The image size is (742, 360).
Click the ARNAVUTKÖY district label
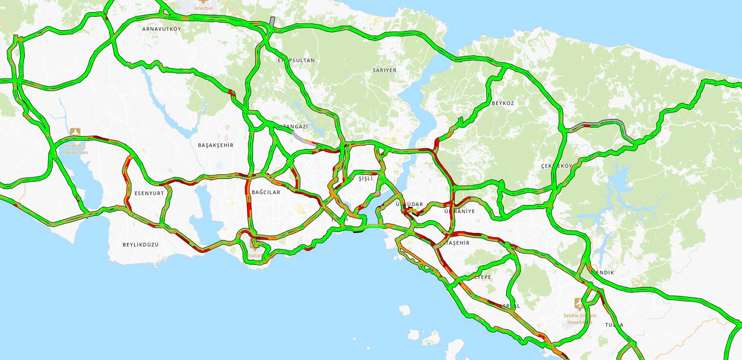[x=162, y=29]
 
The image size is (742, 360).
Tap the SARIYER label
[x=385, y=70]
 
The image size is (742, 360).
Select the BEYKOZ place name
[x=503, y=103]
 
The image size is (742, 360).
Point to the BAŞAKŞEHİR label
[x=216, y=145]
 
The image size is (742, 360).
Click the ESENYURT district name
[x=149, y=193]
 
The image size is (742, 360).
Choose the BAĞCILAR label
[x=266, y=192]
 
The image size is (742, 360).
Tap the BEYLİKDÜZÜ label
[x=141, y=245]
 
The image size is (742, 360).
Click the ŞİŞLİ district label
[x=366, y=179]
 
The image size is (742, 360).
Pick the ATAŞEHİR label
[x=456, y=243]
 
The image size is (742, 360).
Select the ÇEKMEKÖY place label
[x=556, y=166]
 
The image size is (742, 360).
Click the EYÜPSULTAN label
[x=296, y=60]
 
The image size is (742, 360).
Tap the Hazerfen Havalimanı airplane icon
[x=75, y=133]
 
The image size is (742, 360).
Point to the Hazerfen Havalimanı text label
[x=75, y=149]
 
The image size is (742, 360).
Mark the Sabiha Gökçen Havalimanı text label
[x=580, y=319]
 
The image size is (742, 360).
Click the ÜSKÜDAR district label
[x=409, y=204]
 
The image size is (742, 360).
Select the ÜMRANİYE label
[x=459, y=212]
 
